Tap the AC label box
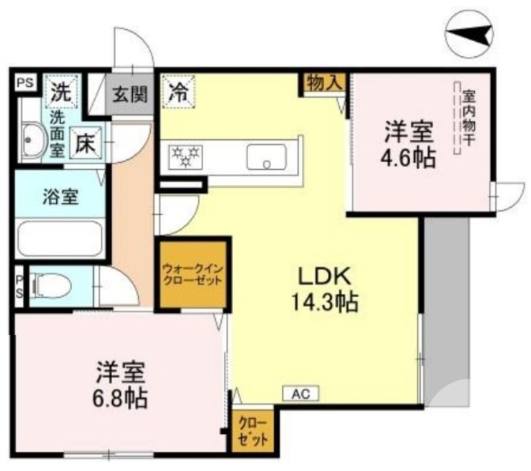(x=301, y=393)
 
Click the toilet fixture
(x=50, y=287)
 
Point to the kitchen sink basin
(x=267, y=157)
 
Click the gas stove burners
(x=186, y=157)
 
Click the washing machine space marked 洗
(x=61, y=92)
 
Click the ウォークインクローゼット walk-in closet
(x=192, y=275)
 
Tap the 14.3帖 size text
(x=325, y=302)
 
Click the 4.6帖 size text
(x=408, y=158)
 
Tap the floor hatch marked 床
(x=86, y=143)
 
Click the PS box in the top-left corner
(x=26, y=83)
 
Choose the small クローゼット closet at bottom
(x=253, y=431)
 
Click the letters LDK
(x=324, y=277)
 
